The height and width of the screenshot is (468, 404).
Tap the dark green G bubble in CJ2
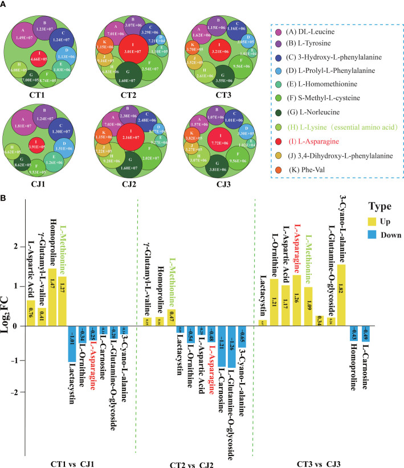(x=127, y=162)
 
